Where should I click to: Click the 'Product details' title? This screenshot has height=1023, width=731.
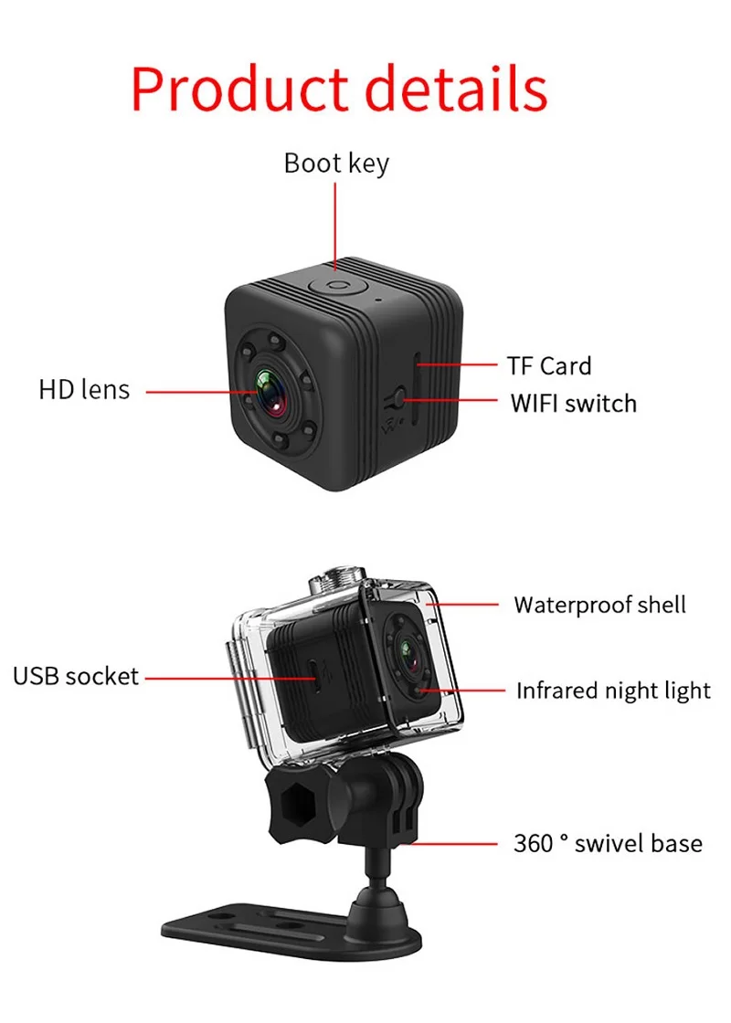pyautogui.click(x=339, y=89)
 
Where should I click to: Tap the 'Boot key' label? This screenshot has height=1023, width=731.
pyautogui.click(x=336, y=163)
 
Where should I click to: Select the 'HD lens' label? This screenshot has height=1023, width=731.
pyautogui.click(x=84, y=390)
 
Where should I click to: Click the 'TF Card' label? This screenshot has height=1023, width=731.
pyautogui.click(x=549, y=366)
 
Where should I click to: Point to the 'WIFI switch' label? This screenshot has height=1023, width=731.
pyautogui.click(x=573, y=403)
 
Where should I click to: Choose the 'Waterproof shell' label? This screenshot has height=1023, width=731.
pyautogui.click(x=599, y=605)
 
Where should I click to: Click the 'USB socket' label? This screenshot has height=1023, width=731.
pyautogui.click(x=75, y=677)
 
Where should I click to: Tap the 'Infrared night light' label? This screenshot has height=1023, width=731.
pyautogui.click(x=613, y=691)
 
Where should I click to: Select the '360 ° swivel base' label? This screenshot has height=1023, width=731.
pyautogui.click(x=608, y=843)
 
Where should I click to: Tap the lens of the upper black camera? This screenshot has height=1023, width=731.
pyautogui.click(x=270, y=391)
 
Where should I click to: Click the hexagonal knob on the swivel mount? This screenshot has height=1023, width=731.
pyautogui.click(x=294, y=803)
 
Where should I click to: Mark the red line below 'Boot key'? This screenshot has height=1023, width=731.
pyautogui.click(x=335, y=224)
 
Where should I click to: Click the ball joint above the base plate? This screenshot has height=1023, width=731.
pyautogui.click(x=380, y=899)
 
